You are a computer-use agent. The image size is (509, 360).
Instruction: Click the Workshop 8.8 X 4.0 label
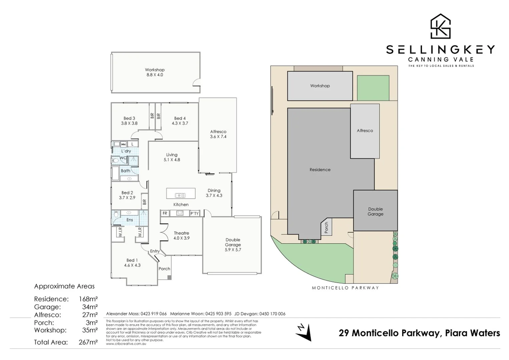coord(154,72)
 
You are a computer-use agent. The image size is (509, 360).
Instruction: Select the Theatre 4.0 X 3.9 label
coord(181,236)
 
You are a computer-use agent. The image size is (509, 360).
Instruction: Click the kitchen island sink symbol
coord(180,196)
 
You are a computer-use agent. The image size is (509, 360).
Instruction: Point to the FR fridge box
coord(165,213)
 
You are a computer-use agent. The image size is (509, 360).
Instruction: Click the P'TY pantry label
coord(194,213)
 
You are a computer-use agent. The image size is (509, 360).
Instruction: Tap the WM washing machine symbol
coord(123,144)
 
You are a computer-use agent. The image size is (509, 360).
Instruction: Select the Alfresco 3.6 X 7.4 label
coord(218,134)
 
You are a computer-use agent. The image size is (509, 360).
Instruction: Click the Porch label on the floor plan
coord(164,269)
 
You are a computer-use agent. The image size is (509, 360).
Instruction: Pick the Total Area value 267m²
coord(88,342)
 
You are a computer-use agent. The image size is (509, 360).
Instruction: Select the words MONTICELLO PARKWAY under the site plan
coord(345,288)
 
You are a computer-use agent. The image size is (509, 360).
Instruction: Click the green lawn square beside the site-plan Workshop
coord(373,88)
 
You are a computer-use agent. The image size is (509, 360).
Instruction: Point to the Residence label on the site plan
coord(320,170)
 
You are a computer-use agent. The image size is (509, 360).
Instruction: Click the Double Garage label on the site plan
coord(375,212)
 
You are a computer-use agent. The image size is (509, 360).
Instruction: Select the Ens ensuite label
coord(129,220)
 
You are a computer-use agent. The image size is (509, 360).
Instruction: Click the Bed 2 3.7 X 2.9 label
coord(127,195)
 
